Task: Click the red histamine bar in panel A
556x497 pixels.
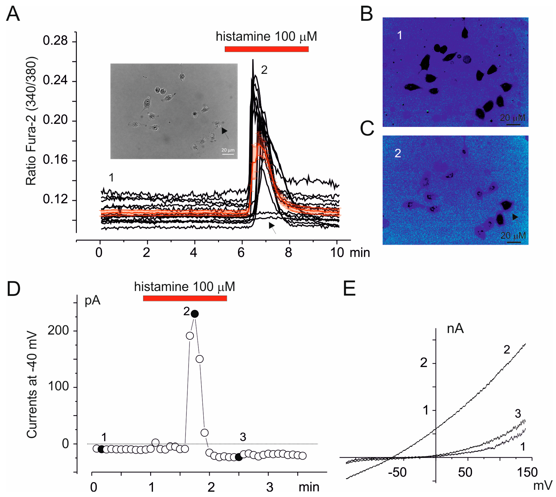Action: [267, 49]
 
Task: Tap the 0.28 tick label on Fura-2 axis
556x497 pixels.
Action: [55, 41]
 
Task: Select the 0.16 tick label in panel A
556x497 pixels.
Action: [55, 160]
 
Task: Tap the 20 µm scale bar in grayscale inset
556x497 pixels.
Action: [228, 154]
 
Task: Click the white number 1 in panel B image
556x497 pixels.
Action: [400, 35]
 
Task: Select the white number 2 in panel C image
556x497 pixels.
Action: [398, 153]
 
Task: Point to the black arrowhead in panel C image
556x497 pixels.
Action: [515, 217]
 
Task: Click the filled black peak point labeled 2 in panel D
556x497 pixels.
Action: [195, 314]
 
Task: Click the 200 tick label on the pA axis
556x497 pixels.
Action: [58, 330]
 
